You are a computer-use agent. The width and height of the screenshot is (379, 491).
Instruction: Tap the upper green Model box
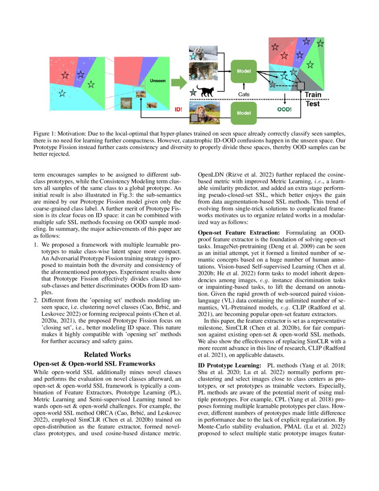click(x=243, y=71)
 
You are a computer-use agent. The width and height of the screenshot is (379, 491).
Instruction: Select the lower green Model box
click(x=243, y=113)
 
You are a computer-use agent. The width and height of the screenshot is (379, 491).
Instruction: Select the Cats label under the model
click(x=243, y=94)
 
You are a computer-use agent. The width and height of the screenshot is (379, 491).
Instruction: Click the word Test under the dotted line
click(x=312, y=104)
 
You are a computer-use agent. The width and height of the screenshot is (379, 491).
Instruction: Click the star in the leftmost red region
click(x=65, y=75)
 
